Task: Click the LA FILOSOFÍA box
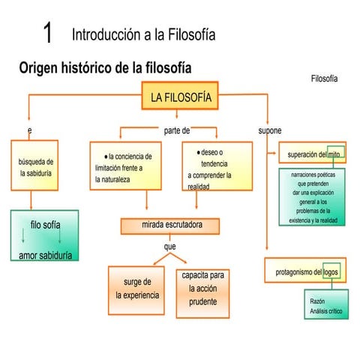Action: pyautogui.click(x=180, y=97)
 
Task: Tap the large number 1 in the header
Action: pyautogui.click(x=47, y=34)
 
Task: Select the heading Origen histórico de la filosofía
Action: pyautogui.click(x=105, y=68)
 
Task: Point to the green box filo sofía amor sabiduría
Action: pyautogui.click(x=46, y=238)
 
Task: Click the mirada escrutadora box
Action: pyautogui.click(x=170, y=225)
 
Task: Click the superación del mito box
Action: pyautogui.click(x=313, y=154)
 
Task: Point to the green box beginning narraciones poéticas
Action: pyautogui.click(x=312, y=197)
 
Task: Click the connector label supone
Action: pyautogui.click(x=269, y=130)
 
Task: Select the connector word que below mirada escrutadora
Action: pyautogui.click(x=169, y=246)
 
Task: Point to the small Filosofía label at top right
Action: pyautogui.click(x=324, y=79)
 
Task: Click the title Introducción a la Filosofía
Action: pyautogui.click(x=144, y=34)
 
